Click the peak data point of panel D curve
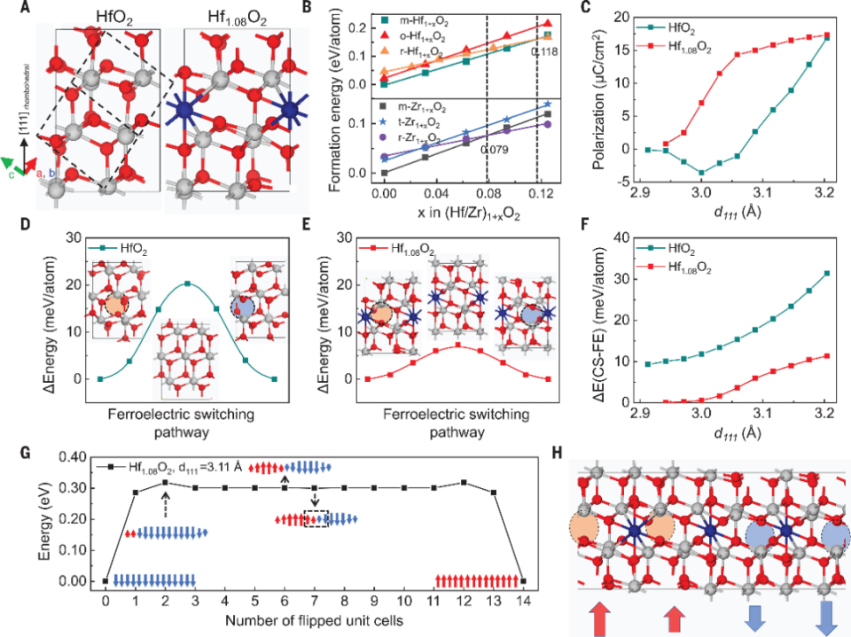pos(188,284)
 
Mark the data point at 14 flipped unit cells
pos(523,581)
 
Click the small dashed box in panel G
pos(316,520)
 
